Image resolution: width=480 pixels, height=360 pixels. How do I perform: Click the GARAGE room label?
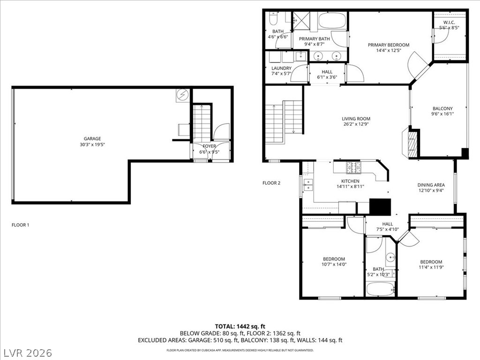tap(92, 139)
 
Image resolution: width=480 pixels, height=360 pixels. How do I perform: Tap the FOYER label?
tap(210, 146)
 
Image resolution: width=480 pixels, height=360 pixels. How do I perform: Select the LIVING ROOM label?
tap(356, 119)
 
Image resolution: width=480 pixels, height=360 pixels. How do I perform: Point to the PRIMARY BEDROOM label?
tap(388, 45)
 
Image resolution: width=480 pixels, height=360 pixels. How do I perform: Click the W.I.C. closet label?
tap(449, 22)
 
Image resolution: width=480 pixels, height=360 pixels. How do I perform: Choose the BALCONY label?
tap(442, 108)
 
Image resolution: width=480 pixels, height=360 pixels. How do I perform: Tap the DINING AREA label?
tap(431, 185)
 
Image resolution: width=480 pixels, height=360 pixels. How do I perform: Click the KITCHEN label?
tap(350, 181)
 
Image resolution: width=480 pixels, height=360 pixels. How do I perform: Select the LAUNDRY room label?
tap(281, 68)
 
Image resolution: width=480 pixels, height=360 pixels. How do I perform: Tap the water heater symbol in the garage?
tap(182, 96)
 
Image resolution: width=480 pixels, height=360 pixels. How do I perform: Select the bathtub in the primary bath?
tap(332, 21)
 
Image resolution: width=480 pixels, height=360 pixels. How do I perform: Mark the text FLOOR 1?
tap(20, 225)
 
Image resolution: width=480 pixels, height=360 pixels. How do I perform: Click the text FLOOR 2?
tap(271, 183)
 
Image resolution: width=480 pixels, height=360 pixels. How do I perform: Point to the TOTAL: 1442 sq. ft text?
tap(240, 326)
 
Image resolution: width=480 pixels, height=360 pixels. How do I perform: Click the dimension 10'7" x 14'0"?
tap(334, 264)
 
